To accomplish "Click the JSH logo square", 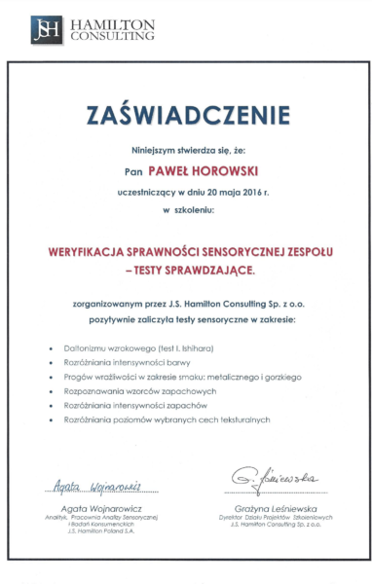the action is pos(45,30).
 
